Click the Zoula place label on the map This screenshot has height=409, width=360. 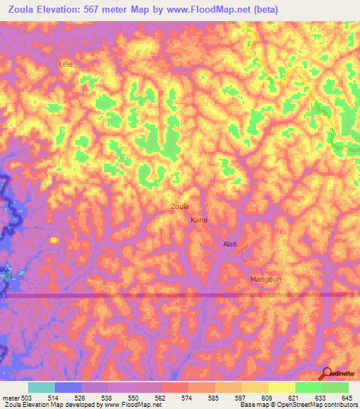click(179, 207)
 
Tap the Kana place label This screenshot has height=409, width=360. click(199, 221)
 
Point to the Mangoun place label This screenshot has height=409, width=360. click(266, 279)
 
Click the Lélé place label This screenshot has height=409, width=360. click(66, 63)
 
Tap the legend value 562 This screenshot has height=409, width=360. click(161, 397)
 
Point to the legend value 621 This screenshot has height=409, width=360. click(295, 397)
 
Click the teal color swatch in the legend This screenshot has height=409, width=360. click(41, 387)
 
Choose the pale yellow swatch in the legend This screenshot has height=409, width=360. click(281, 387)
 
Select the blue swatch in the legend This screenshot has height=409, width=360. click(68, 387)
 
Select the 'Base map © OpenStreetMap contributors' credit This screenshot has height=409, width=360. click(298, 405)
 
